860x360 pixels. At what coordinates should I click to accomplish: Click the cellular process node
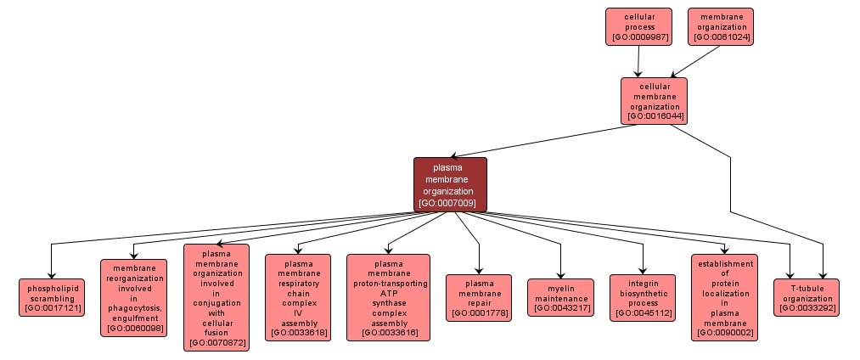tap(638, 26)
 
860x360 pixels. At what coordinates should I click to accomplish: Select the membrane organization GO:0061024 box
tap(721, 26)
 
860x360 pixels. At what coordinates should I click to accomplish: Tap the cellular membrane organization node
tap(654, 101)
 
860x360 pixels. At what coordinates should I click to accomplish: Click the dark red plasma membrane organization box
tap(450, 183)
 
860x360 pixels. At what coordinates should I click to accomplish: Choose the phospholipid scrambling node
tap(53, 297)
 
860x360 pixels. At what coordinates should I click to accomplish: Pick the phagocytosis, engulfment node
tap(134, 298)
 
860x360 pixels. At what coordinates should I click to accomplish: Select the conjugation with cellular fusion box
tap(216, 297)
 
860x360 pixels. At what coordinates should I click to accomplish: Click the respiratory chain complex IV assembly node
tap(298, 297)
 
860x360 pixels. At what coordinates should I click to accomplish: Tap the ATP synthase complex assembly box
tap(388, 297)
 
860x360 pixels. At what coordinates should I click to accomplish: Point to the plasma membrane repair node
tap(479, 297)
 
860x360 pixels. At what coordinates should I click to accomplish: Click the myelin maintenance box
tap(561, 297)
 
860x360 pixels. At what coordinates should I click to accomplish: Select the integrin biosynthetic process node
tap(643, 297)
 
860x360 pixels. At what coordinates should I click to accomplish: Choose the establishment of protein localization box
tap(724, 297)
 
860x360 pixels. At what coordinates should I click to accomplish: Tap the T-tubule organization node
tap(807, 297)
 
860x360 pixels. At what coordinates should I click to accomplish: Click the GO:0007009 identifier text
tap(450, 203)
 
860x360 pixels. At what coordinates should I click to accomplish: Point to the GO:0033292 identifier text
tap(807, 308)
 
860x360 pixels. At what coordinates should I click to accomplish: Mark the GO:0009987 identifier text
tap(638, 37)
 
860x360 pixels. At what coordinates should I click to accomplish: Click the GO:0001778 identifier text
tap(479, 313)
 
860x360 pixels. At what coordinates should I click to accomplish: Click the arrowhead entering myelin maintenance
tap(561, 273)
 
